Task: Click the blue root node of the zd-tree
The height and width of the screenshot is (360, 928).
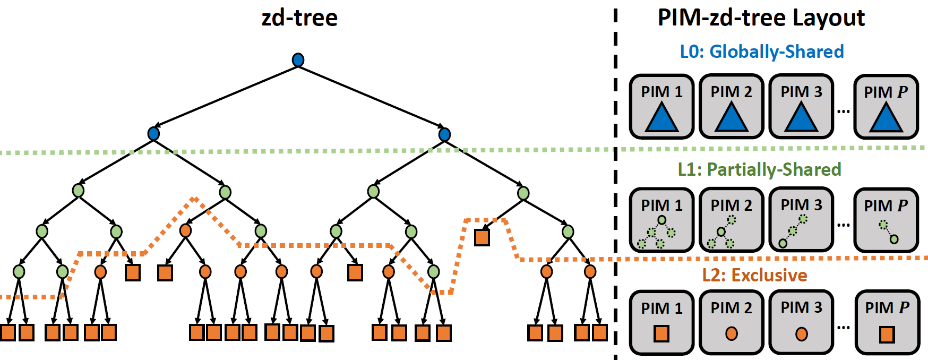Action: (x=298, y=60)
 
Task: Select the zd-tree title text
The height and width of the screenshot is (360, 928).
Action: (x=299, y=18)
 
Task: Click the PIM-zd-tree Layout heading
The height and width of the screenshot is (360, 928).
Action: (x=761, y=18)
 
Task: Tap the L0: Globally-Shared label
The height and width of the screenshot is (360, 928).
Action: (x=761, y=52)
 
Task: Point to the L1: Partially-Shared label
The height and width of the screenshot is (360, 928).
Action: (x=759, y=169)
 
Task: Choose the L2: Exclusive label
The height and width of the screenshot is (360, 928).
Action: (x=754, y=275)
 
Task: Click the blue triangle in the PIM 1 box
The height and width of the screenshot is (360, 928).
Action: (x=661, y=118)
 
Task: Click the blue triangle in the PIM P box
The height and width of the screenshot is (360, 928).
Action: (x=886, y=118)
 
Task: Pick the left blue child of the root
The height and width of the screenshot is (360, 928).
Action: (x=153, y=133)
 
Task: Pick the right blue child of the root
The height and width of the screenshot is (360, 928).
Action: (x=444, y=134)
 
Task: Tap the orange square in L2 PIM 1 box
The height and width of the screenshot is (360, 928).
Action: (x=661, y=334)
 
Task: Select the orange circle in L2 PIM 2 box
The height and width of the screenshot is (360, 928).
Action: (x=732, y=333)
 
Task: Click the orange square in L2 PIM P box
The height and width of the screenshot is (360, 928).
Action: (x=887, y=335)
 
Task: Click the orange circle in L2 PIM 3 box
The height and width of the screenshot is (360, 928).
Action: (x=802, y=334)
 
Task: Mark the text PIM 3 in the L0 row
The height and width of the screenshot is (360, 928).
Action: (x=801, y=92)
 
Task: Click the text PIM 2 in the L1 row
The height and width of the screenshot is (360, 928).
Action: (x=731, y=205)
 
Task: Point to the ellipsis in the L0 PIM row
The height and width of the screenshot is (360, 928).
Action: (x=843, y=111)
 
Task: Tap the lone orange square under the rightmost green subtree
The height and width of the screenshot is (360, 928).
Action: (x=482, y=237)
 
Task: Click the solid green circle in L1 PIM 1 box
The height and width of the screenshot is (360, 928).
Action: (x=661, y=220)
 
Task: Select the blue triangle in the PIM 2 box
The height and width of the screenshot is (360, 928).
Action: (x=732, y=118)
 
